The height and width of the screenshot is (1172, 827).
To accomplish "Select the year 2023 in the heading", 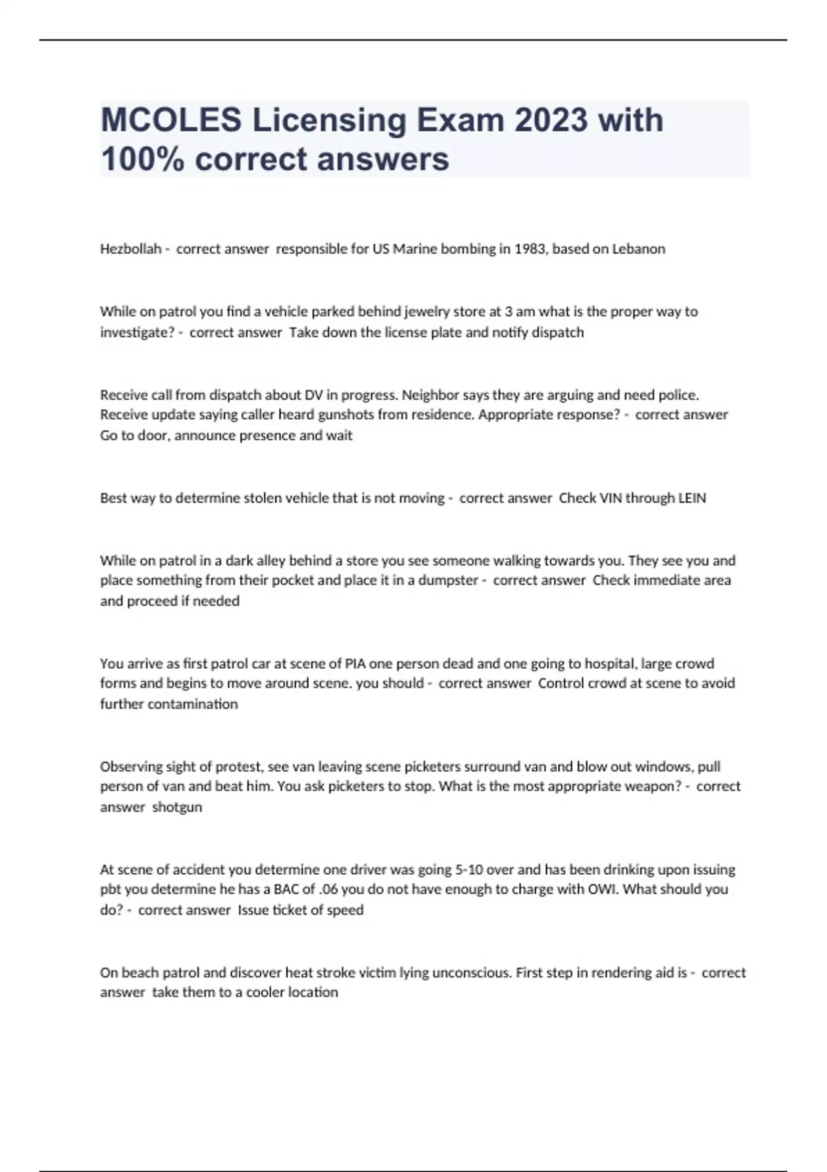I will (x=551, y=120).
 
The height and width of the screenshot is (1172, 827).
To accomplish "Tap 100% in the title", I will (x=143, y=159).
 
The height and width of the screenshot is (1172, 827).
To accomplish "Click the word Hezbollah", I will (x=130, y=249).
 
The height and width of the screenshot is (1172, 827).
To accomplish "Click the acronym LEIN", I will (x=692, y=498).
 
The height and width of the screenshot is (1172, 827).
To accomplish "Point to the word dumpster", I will (x=449, y=580).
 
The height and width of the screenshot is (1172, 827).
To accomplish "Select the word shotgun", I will (x=177, y=807).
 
